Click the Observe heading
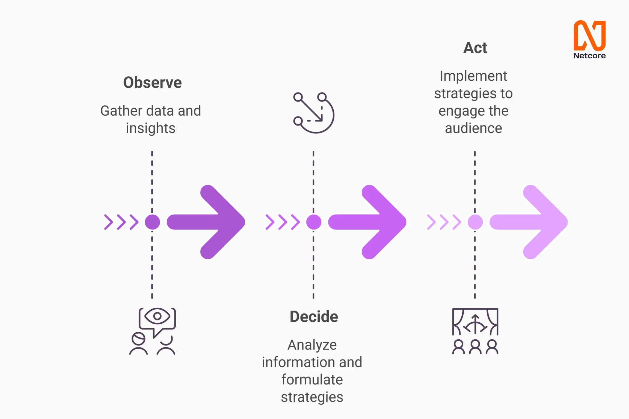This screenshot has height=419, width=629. (x=152, y=83)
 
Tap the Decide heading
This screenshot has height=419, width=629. (x=314, y=316)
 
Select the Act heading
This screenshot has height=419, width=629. (x=475, y=48)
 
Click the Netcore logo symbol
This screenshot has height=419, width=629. (x=589, y=35)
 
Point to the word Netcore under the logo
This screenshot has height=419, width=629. (x=589, y=56)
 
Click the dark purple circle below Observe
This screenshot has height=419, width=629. (x=152, y=222)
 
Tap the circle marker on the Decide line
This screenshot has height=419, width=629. (x=314, y=222)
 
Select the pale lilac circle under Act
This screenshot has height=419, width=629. (x=475, y=222)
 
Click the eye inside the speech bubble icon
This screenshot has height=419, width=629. (x=157, y=316)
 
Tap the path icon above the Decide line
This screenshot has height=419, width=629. (x=313, y=113)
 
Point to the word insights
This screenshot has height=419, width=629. (x=150, y=128)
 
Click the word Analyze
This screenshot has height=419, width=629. (x=312, y=345)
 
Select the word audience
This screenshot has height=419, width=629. (x=473, y=128)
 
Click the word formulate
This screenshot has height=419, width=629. (x=312, y=380)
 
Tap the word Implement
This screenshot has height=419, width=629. (x=473, y=76)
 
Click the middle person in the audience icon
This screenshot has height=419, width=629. (x=475, y=347)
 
